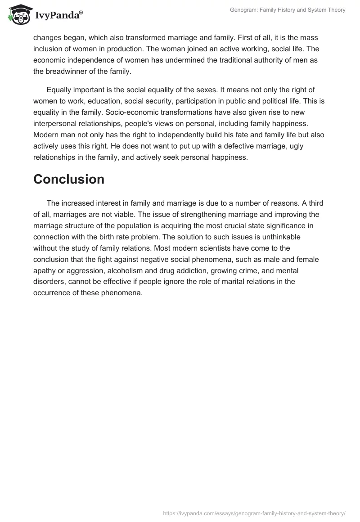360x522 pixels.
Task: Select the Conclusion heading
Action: pos(69,179)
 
